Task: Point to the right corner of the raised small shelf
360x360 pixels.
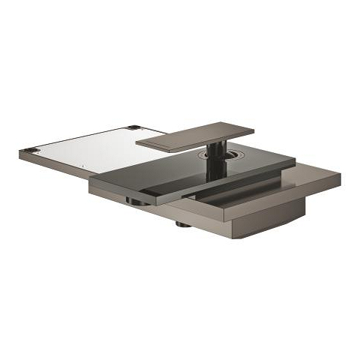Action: tap(253, 130)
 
